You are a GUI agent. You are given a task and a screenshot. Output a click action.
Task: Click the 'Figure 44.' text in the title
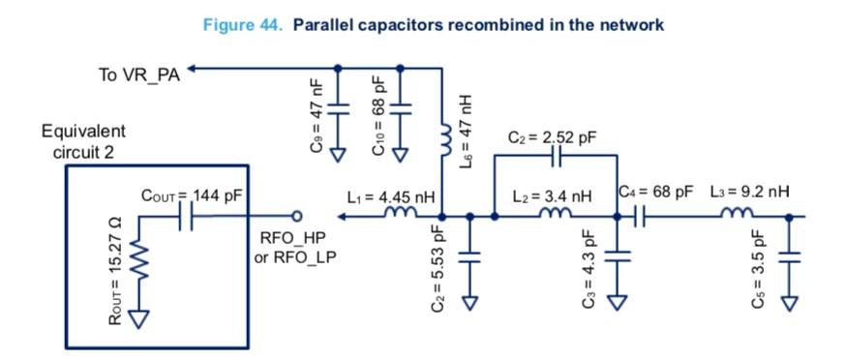coord(243,25)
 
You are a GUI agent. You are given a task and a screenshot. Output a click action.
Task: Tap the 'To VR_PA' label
coord(138,75)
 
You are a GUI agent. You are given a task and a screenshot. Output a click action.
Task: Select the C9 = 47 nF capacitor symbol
coord(338,108)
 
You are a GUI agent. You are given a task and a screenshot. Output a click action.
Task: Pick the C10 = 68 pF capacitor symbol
coord(400,108)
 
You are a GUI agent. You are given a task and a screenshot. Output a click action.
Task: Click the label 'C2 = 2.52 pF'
coord(553,138)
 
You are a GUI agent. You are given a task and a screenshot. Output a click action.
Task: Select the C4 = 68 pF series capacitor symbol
coord(640,217)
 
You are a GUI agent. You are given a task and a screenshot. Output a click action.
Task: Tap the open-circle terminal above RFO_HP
coord(296,217)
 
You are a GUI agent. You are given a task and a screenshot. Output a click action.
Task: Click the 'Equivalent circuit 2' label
coord(83,141)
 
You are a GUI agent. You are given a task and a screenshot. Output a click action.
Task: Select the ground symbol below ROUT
coord(139,319)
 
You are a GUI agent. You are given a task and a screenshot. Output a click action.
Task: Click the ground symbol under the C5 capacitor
coord(790,303)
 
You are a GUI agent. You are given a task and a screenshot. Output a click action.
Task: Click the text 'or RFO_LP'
coord(295,256)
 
